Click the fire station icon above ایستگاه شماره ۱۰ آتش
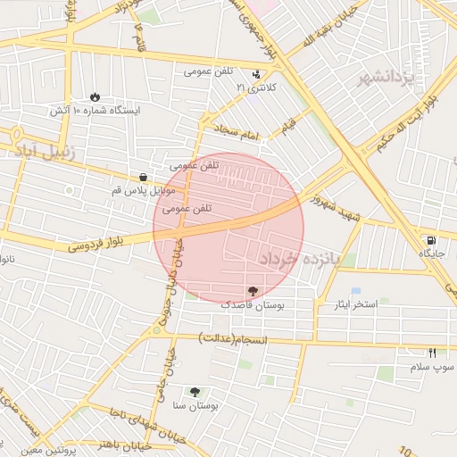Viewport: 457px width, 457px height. click(x=96, y=96)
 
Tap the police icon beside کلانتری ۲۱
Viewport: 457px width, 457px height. click(x=257, y=74)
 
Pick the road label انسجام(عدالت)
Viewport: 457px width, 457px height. click(x=228, y=338)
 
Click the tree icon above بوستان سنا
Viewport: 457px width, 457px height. click(x=195, y=391)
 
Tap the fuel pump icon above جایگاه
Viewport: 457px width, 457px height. click(x=432, y=240)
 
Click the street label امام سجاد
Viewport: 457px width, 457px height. click(x=235, y=132)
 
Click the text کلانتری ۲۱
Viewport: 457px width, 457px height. click(x=256, y=88)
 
